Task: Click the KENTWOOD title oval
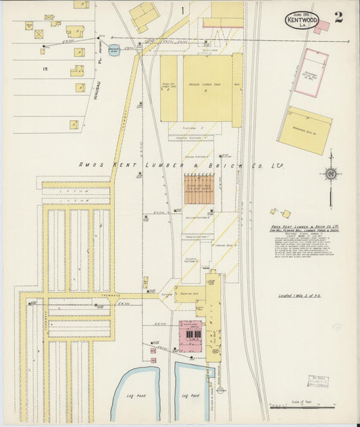pos(302,20)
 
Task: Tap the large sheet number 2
pos(338,17)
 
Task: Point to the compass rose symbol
pos(330,174)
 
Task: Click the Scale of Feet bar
pos(302,407)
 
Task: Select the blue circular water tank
pos(114,49)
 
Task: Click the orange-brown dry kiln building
pos(199,189)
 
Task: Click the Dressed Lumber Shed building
pos(208,88)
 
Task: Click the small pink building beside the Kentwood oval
pos(322,27)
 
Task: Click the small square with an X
pos(38,33)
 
